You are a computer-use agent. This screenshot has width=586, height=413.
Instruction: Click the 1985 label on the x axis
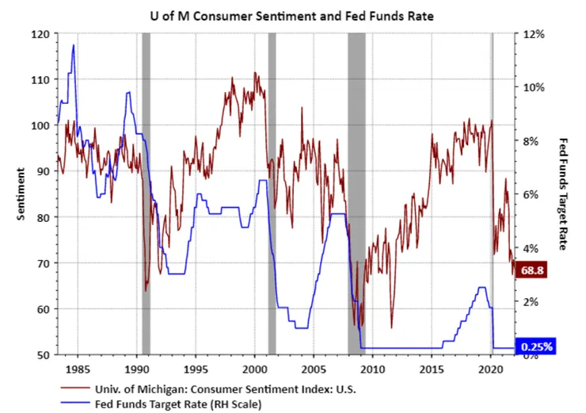(x=78, y=369)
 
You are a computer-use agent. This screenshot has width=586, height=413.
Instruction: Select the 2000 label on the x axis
(x=254, y=369)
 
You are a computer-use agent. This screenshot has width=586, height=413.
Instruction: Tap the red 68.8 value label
(x=532, y=271)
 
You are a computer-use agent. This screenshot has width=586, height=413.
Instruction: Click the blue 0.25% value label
(x=537, y=346)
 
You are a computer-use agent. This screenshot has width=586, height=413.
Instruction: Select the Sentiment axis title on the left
(x=20, y=193)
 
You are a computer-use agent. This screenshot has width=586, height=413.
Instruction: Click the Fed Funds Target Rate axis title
(x=564, y=193)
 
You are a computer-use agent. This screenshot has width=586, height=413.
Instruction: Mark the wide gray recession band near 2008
(x=356, y=193)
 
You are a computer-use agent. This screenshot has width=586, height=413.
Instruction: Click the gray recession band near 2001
(x=272, y=193)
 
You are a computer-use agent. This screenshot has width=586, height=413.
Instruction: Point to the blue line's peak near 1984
(x=74, y=45)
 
